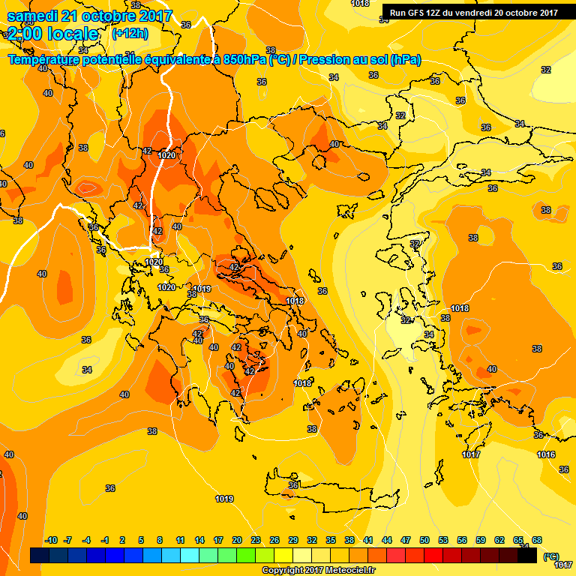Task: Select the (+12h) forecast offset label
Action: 130,34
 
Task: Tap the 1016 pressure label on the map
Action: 546,455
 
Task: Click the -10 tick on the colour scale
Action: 51,541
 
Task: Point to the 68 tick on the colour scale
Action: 537,541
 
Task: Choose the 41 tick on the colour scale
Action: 368,541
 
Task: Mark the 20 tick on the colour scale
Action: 237,541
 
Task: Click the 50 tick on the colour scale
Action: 424,541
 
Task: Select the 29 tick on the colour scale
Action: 293,541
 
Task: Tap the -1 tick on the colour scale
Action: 106,541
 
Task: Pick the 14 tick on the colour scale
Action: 199,541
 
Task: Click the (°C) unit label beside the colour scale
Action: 551,556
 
